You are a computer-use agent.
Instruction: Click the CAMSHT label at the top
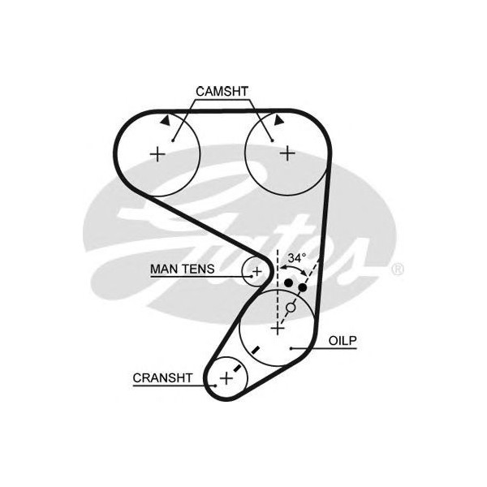tap(222, 92)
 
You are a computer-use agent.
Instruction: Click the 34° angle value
tap(296, 258)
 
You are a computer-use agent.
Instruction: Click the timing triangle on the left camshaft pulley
tap(165, 119)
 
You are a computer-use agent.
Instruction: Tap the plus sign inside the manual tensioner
tap(256, 270)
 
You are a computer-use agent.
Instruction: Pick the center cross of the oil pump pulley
tap(278, 329)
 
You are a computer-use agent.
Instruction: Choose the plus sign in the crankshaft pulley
tap(225, 377)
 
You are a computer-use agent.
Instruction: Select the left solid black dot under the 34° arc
tap(289, 282)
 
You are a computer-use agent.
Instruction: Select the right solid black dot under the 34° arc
tap(303, 288)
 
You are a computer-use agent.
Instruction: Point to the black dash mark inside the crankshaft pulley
tap(236, 368)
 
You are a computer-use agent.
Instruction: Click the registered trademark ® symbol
tap(398, 268)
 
